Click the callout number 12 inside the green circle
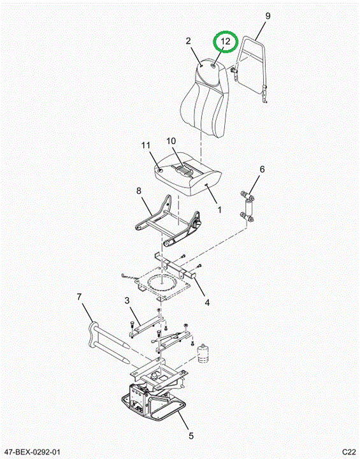[226, 41]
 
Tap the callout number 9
[268, 16]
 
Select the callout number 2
[189, 41]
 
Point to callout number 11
[146, 145]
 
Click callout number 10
[171, 141]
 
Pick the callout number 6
[262, 169]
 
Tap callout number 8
[139, 191]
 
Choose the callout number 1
[219, 210]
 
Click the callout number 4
[207, 302]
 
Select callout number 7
[79, 297]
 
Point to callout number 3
[127, 300]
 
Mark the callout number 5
[191, 436]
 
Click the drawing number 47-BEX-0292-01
[31, 452]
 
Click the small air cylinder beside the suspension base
[203, 353]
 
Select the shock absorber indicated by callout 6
[248, 207]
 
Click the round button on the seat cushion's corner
[160, 170]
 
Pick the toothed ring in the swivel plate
[162, 282]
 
